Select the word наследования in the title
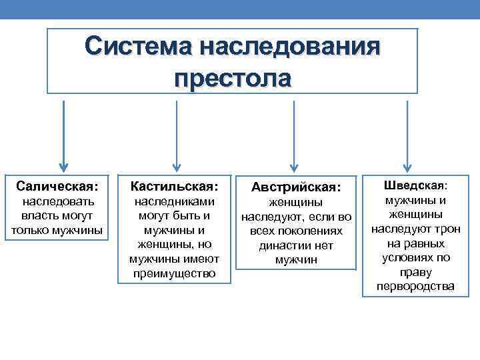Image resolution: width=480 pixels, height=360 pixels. click(x=290, y=47)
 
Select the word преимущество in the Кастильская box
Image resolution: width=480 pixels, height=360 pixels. click(x=175, y=273)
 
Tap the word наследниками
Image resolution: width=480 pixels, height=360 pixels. click(x=175, y=201)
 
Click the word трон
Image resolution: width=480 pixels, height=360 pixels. click(x=445, y=229)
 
